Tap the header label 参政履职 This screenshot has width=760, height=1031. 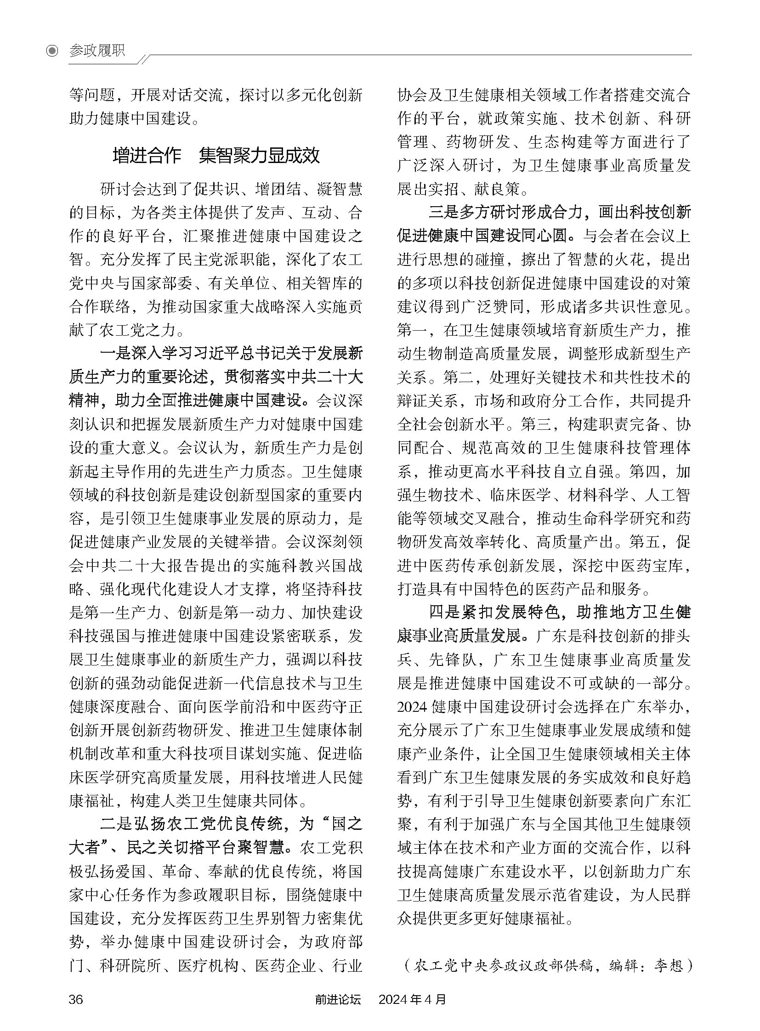(97, 51)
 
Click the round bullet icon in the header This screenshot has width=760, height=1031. (53, 51)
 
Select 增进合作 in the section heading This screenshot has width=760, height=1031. (147, 156)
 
